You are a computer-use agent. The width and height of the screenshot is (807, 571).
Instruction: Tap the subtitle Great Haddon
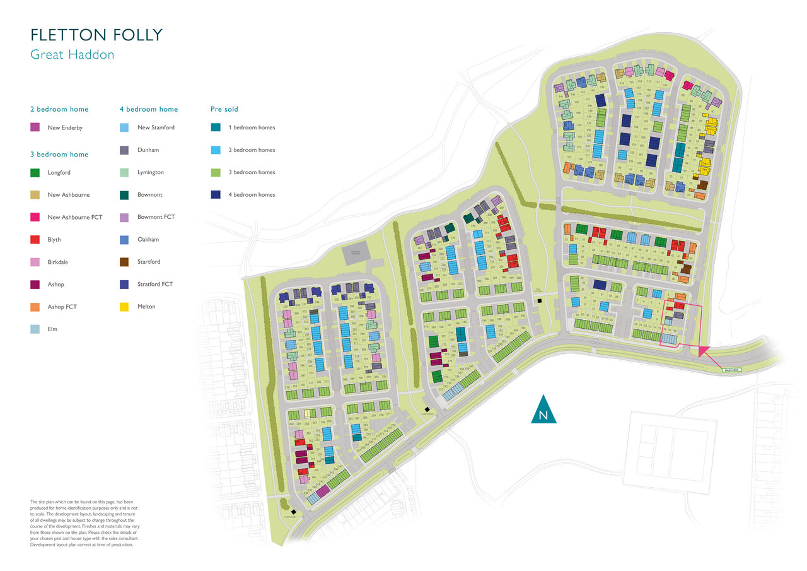coord(73,55)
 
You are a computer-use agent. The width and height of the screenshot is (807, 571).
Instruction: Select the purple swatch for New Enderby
coord(35,128)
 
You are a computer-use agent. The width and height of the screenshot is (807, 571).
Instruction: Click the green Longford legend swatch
coord(35,172)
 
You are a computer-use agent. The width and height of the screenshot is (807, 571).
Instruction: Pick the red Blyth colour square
coord(35,240)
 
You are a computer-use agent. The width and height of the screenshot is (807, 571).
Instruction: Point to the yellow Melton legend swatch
coord(124,307)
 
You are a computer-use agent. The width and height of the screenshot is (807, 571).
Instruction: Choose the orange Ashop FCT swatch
coord(35,307)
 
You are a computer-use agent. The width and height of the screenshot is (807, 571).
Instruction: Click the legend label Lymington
coord(150,172)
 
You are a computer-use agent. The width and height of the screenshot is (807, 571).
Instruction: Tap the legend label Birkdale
coord(59,262)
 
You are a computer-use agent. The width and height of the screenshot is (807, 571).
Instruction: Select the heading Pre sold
coord(224,109)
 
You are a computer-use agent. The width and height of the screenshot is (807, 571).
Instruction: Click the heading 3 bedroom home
coord(59,155)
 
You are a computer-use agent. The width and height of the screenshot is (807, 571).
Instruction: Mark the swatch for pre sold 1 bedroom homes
coord(216,127)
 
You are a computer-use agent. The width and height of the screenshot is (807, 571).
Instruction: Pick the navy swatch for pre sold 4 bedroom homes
coord(216,194)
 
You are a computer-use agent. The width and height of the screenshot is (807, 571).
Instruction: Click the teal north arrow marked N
coord(543,410)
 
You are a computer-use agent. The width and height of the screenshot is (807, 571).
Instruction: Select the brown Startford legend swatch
coord(124,262)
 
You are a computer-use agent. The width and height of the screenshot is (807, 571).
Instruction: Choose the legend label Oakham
coord(148,240)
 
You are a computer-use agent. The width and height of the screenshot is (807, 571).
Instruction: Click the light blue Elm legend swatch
coord(35,329)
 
